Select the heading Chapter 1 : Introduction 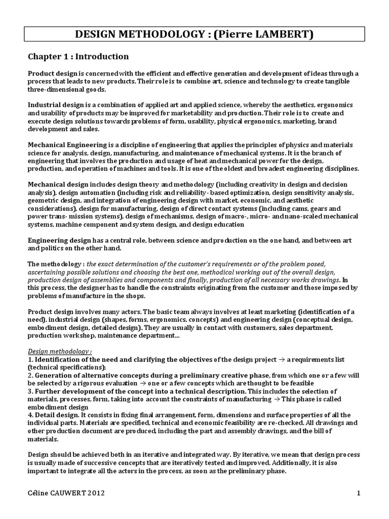coord(78,56)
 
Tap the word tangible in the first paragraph coord(347,82)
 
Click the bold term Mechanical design coord(57,186)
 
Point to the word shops coord(135,296)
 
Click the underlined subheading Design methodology coord(58,351)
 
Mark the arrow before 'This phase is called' coord(298,399)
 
